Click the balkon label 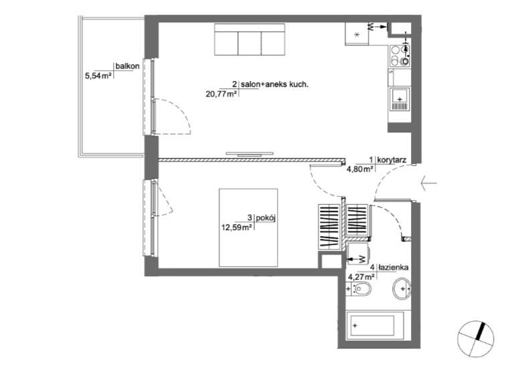tap(127, 66)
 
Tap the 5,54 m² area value tap(98, 76)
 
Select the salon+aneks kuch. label tap(274, 85)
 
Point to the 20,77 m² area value tap(222, 94)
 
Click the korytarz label tap(392, 160)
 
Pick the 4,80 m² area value tap(360, 169)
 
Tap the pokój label tap(266, 218)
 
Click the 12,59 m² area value tap(236, 227)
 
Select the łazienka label tap(394, 268)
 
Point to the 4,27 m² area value tap(361, 276)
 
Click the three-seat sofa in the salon tap(250, 39)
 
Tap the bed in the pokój tap(248, 227)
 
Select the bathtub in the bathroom tap(375, 325)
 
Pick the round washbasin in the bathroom tap(402, 288)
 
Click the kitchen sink tap(400, 99)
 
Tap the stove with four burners tap(400, 56)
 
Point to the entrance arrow tap(429, 183)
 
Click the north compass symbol tap(475, 339)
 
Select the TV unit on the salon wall tap(250, 155)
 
